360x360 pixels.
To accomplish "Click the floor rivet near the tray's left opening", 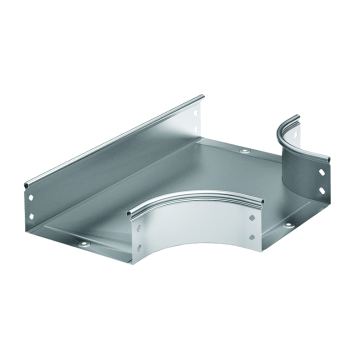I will (x=83, y=243).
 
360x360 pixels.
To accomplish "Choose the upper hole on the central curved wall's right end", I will (x=252, y=218).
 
